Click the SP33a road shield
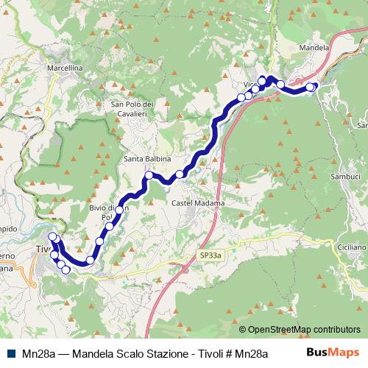[x=210, y=255]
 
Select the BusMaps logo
[x=332, y=353]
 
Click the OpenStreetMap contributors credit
[x=303, y=329]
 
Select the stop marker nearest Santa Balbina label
[x=149, y=175]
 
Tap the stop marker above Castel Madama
[x=180, y=174]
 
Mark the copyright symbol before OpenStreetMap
[x=243, y=329]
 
